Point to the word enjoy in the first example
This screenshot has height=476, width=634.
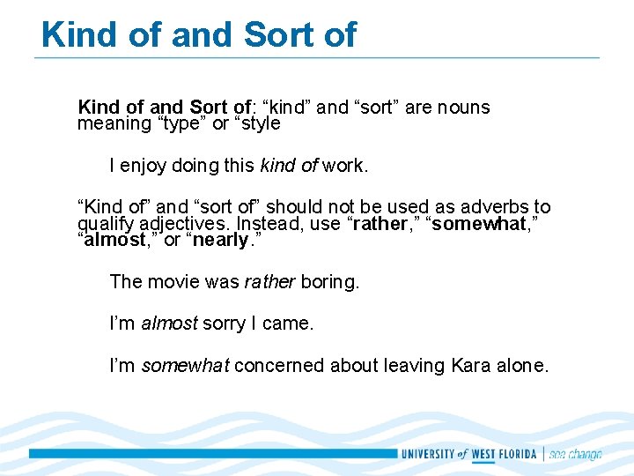pos(144,165)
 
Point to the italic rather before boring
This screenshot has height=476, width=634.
pos(269,283)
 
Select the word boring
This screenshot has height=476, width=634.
pos(330,283)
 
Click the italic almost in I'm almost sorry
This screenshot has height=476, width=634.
pos(169,324)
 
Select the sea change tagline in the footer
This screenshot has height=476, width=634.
pos(576,454)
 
